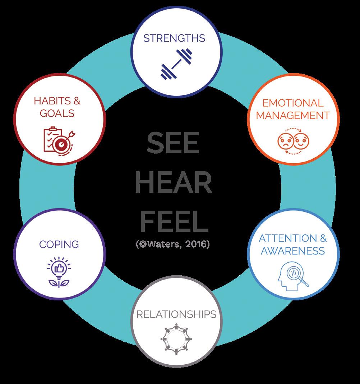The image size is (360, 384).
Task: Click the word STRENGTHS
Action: coord(174,38)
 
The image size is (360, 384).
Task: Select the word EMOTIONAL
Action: coord(292,103)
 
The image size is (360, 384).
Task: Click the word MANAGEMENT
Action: coord(293,116)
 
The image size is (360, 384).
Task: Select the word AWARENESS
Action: coord(292,250)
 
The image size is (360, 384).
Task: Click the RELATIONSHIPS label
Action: coord(176,315)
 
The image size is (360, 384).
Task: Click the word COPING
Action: coord(59,244)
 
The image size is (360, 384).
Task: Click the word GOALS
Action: coord(57,113)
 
